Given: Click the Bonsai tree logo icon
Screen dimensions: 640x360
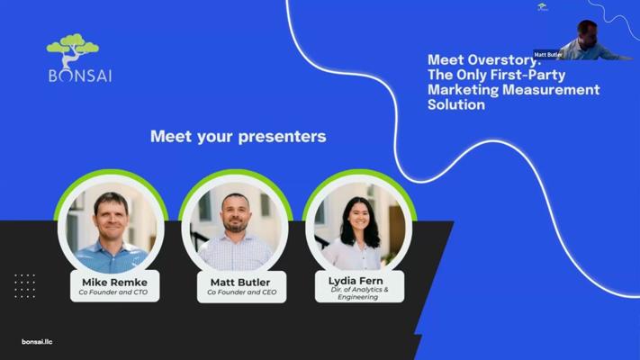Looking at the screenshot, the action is point(73,49).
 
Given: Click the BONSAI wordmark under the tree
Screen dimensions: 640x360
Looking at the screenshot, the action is point(80,76).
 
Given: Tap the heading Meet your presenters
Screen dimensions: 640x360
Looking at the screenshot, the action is point(239,136).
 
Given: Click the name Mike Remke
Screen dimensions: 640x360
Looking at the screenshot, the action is point(114,282).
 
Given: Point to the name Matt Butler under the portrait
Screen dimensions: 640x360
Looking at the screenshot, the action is point(240,282).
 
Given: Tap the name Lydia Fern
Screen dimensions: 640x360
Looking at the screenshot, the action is point(356,281).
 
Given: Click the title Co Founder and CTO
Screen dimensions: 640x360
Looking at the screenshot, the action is point(113,292).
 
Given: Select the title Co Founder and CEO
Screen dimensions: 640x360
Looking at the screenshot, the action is point(241,292).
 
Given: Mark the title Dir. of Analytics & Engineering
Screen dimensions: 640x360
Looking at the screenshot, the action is point(359,293).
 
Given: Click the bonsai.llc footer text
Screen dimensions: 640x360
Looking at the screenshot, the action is point(37,342).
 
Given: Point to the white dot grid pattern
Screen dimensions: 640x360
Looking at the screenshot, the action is point(25,285).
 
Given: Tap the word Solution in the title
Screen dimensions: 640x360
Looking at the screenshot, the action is point(456,105).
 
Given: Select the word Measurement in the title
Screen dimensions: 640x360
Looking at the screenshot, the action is point(551,90).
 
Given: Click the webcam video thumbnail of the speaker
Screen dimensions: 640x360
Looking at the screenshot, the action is point(587,40).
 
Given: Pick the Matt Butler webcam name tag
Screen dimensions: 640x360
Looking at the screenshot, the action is point(548,55).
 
